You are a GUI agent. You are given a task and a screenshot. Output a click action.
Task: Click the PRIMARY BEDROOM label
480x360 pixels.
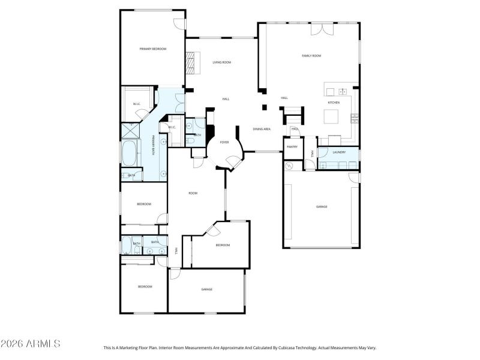(x=152, y=49)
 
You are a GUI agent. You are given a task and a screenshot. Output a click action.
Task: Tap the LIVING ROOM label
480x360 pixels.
(x=221, y=62)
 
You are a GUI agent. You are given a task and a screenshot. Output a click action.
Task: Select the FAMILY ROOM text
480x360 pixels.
(x=311, y=56)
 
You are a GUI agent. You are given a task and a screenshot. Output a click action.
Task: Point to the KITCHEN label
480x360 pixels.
(x=333, y=103)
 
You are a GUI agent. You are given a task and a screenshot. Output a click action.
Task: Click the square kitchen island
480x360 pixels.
(x=332, y=117)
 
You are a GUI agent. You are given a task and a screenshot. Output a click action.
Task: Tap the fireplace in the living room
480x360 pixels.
(x=191, y=62)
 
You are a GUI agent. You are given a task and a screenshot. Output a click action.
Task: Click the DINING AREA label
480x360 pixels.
(x=261, y=129)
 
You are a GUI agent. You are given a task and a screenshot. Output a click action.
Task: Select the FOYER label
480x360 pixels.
(x=224, y=142)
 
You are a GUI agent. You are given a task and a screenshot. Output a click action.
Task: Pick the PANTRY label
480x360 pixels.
(x=292, y=147)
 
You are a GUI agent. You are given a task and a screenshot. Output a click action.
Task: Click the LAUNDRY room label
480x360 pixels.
(x=339, y=152)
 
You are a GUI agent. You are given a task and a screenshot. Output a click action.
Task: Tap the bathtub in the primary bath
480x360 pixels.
(x=129, y=154)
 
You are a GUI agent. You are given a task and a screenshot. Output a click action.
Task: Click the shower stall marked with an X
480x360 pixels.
(x=130, y=131)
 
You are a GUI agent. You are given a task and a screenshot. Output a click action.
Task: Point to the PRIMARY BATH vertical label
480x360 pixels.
(x=154, y=146)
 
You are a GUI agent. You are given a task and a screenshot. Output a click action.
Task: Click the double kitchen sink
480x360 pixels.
(x=342, y=92)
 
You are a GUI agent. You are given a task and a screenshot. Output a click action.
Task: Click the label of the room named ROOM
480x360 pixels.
(x=193, y=193)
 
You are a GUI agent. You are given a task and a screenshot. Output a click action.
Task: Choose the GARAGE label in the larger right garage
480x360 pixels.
(x=322, y=206)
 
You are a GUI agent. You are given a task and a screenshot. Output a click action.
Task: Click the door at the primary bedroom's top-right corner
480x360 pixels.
(x=179, y=25)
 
